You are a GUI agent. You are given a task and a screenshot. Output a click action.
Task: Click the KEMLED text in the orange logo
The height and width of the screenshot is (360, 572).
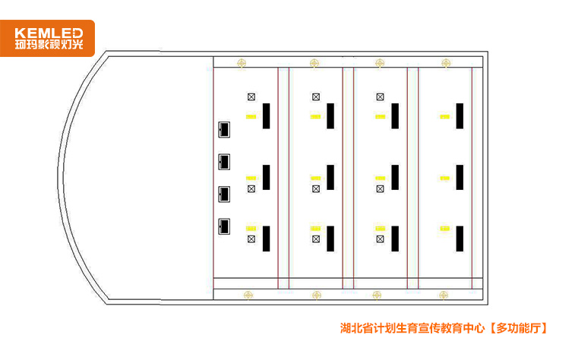coord(49,33)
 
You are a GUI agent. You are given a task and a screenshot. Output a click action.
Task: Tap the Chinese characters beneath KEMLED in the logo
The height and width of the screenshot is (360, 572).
coord(49,45)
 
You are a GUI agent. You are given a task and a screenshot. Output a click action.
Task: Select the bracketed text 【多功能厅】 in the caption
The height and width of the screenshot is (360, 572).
coord(517,328)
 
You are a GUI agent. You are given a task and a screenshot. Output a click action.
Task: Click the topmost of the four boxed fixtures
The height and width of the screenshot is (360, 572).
coord(224,129)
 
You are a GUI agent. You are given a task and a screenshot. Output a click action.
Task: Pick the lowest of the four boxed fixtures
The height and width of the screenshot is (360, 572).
coord(224,226)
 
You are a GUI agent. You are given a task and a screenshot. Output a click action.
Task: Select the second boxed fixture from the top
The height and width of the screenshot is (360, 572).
coord(224,162)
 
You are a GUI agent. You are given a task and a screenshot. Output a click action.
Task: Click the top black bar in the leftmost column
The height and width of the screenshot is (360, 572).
coord(267,116)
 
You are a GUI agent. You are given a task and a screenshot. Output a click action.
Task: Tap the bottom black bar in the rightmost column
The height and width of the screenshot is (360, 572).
coord(460,238)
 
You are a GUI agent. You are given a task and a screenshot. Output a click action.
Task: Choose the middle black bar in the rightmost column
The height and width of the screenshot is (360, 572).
coord(460,177)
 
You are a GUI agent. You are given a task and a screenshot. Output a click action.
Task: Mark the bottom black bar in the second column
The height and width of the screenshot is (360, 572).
coord(330,238)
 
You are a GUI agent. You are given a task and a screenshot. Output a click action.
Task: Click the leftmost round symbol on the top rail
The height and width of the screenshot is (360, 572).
coord(242,63)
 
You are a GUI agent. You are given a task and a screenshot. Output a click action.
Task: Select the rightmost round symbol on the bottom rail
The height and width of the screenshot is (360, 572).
coord(444,295)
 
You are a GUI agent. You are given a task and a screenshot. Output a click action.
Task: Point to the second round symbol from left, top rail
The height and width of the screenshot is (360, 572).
coord(314,63)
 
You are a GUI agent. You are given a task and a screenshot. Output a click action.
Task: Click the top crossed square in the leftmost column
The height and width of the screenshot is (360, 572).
coord(251,96)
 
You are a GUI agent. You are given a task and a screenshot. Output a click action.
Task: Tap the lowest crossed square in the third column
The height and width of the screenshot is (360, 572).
coord(380,239)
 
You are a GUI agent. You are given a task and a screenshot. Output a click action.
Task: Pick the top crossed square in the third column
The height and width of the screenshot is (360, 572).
coord(380,96)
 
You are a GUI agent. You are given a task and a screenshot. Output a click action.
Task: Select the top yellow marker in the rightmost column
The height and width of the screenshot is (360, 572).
coord(444,117)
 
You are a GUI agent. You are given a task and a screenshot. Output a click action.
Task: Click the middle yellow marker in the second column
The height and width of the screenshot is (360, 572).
coord(315,178)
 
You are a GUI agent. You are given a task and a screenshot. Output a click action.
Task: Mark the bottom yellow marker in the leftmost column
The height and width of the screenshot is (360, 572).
coord(251,229)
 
